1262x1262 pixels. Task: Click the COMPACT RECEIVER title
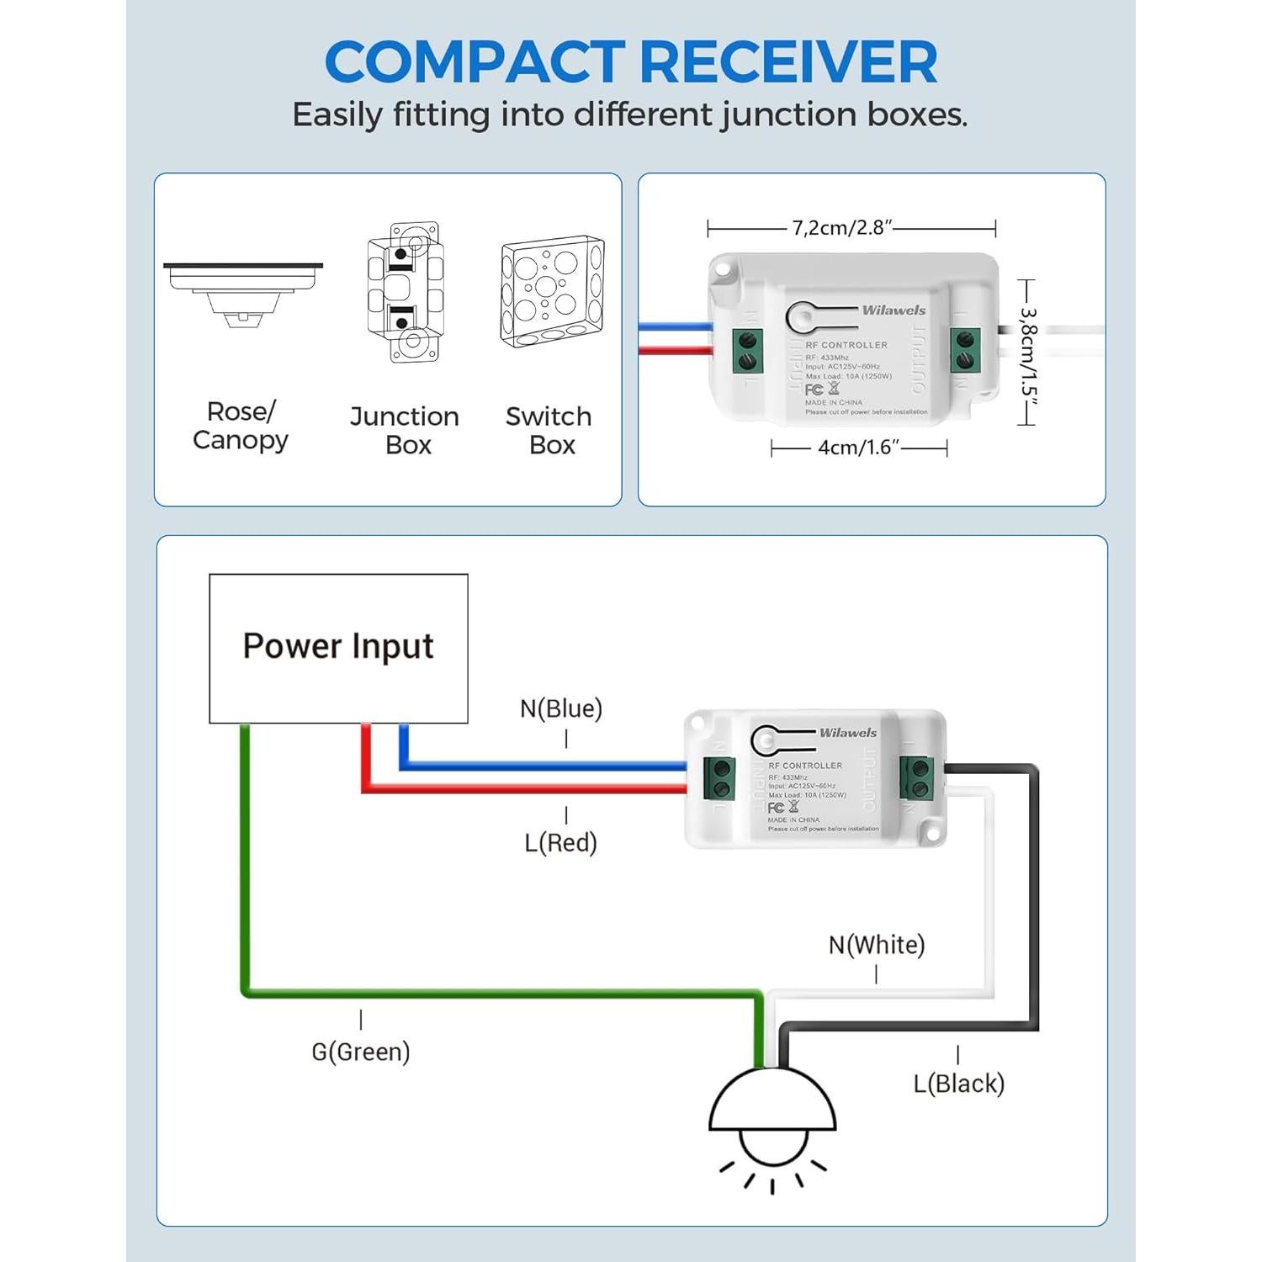pos(631,62)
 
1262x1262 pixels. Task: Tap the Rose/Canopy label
pos(241,426)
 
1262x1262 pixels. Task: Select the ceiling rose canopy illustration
pos(243,291)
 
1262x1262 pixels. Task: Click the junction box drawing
pos(405,292)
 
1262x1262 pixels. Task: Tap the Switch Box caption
pos(549,430)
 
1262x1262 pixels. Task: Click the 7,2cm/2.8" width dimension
pos(841,228)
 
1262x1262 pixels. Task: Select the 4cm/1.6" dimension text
pos(858,448)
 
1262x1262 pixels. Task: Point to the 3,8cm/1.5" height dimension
pos(1028,353)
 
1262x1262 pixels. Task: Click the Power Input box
pos(338,648)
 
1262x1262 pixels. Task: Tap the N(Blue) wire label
pos(561,708)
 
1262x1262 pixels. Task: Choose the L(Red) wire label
pos(560,842)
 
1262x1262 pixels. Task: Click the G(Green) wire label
pos(361,1052)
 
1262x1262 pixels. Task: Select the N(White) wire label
pos(877,945)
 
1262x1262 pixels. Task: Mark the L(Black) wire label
pos(959,1084)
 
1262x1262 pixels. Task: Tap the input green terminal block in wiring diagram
pos(720,778)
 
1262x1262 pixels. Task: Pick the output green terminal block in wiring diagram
pos(916,778)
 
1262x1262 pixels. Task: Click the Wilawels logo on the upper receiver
pos(893,310)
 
